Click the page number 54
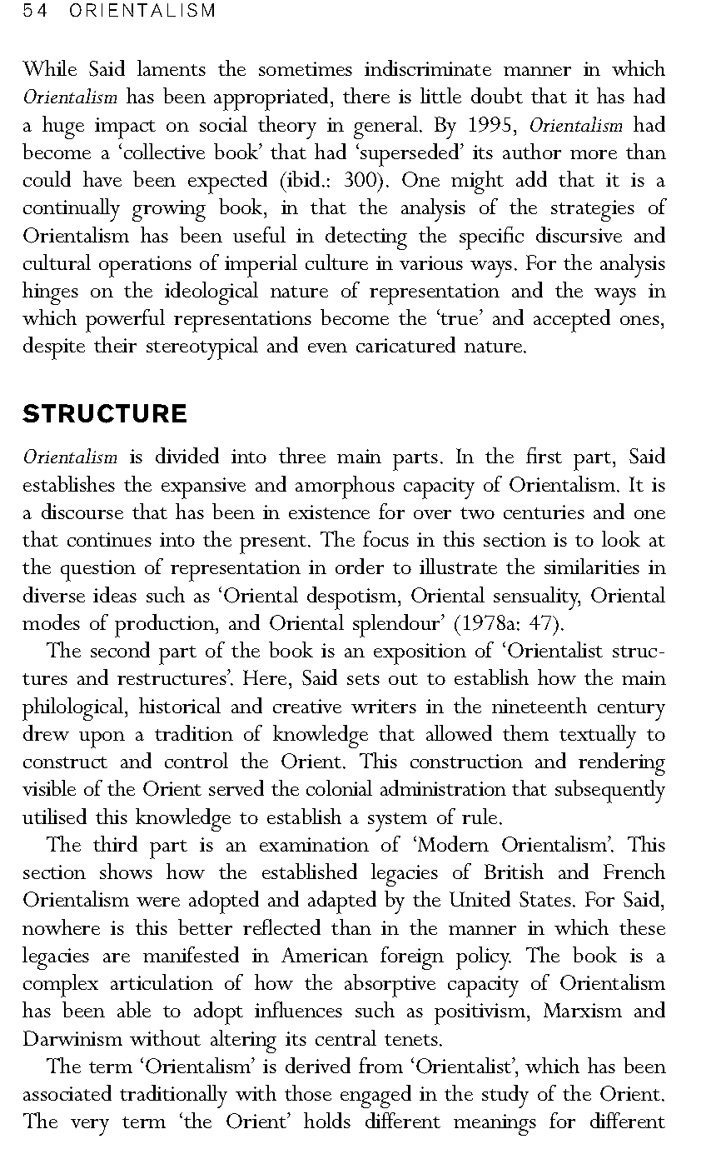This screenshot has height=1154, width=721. tap(36, 11)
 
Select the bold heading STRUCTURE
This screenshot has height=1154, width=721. tap(105, 414)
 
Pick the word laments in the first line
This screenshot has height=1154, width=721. tap(172, 70)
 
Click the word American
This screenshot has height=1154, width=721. tap(318, 956)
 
